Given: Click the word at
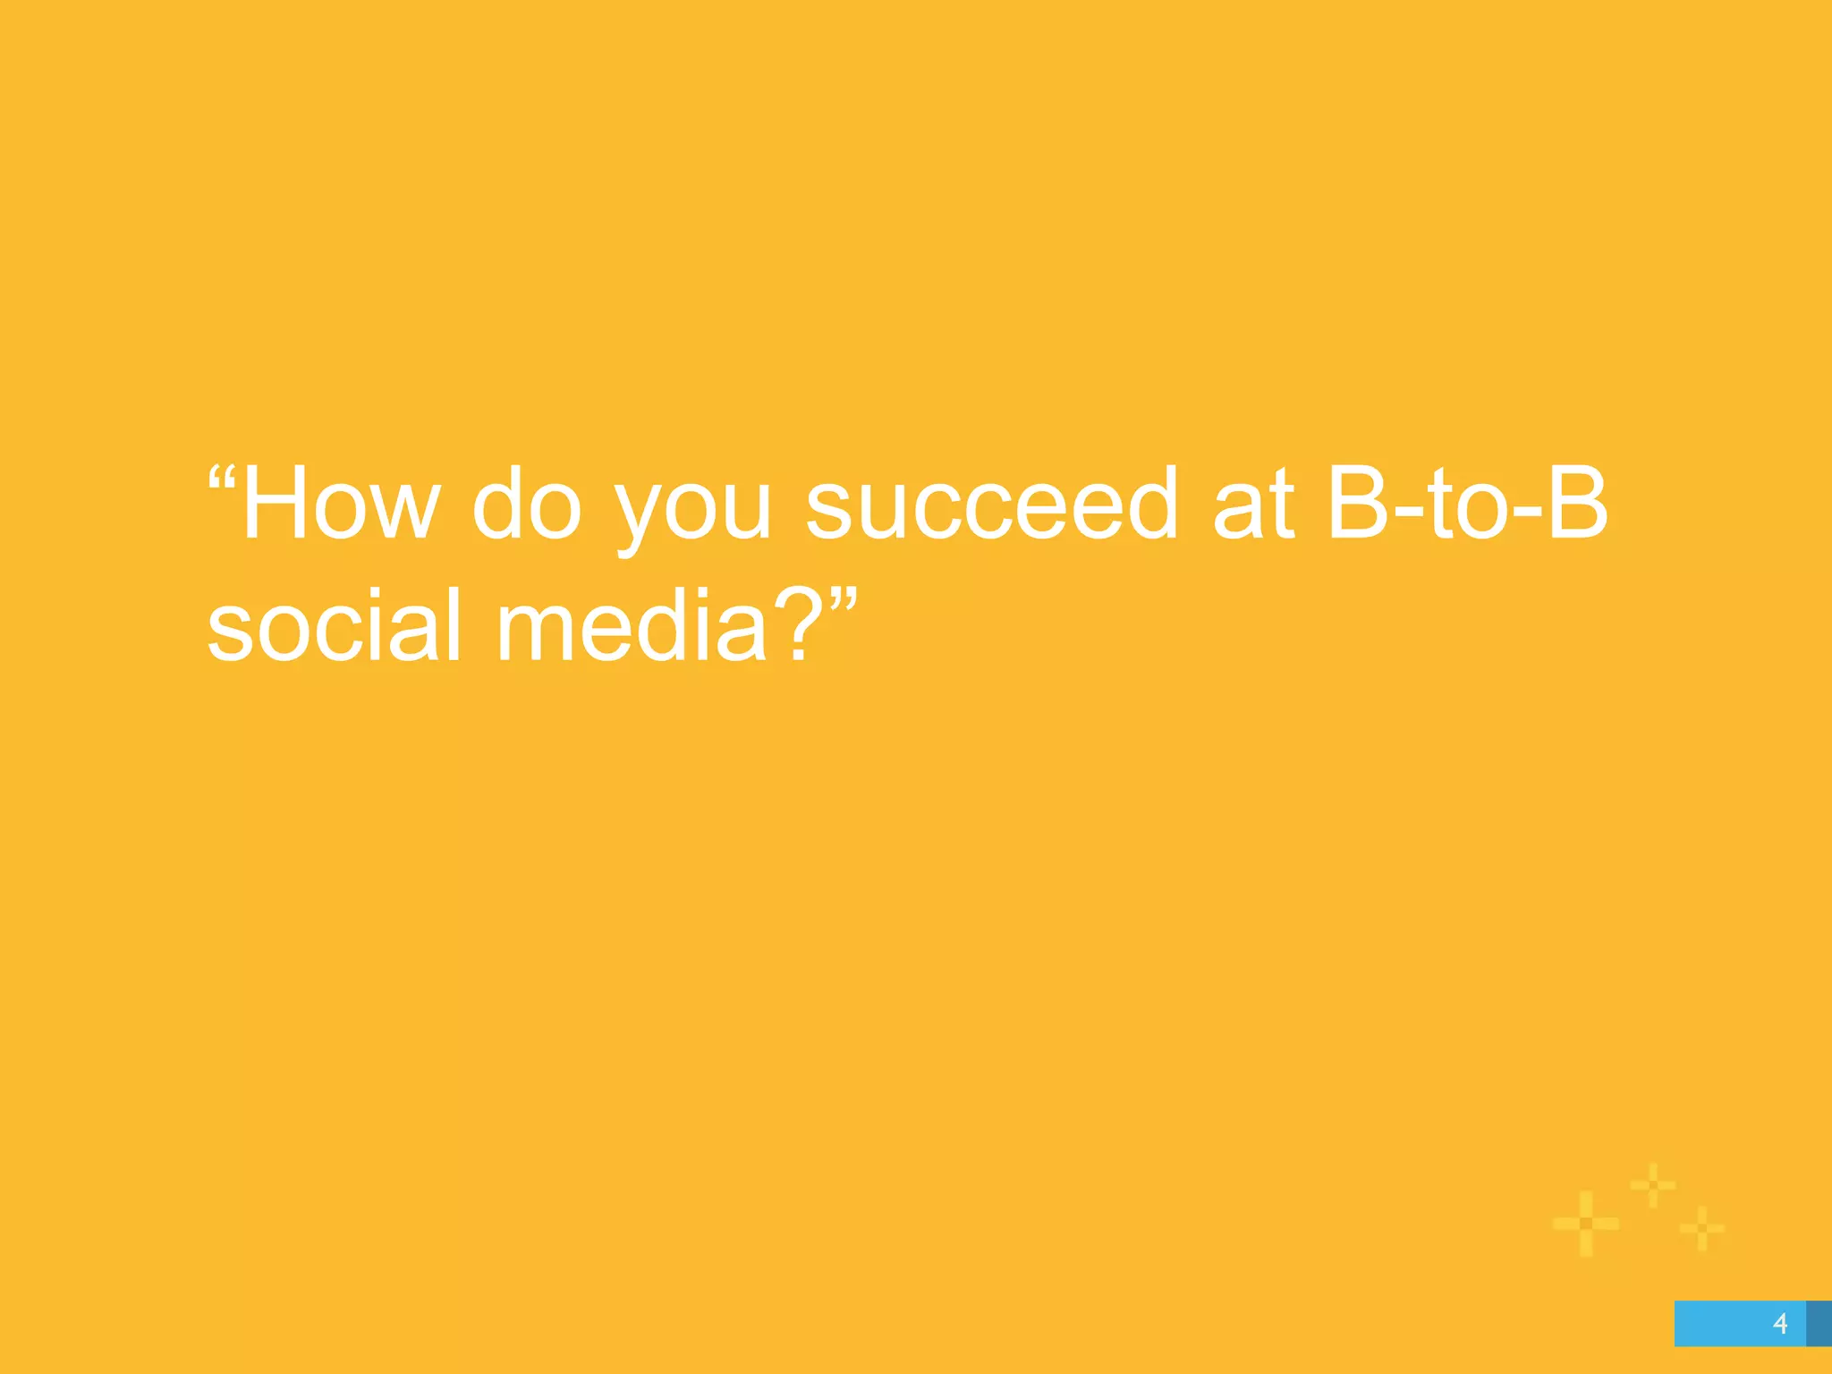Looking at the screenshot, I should click(x=1253, y=506).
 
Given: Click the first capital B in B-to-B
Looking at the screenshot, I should click(x=1358, y=504).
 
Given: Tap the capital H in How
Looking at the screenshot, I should click(x=274, y=504).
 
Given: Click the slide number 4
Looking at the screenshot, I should click(x=1780, y=1323).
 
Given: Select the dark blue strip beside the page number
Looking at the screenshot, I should click(x=1819, y=1323).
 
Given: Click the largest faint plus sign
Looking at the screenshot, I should click(x=1586, y=1223).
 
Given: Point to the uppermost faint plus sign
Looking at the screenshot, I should click(x=1652, y=1185).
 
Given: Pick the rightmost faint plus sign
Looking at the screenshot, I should click(x=1701, y=1227).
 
